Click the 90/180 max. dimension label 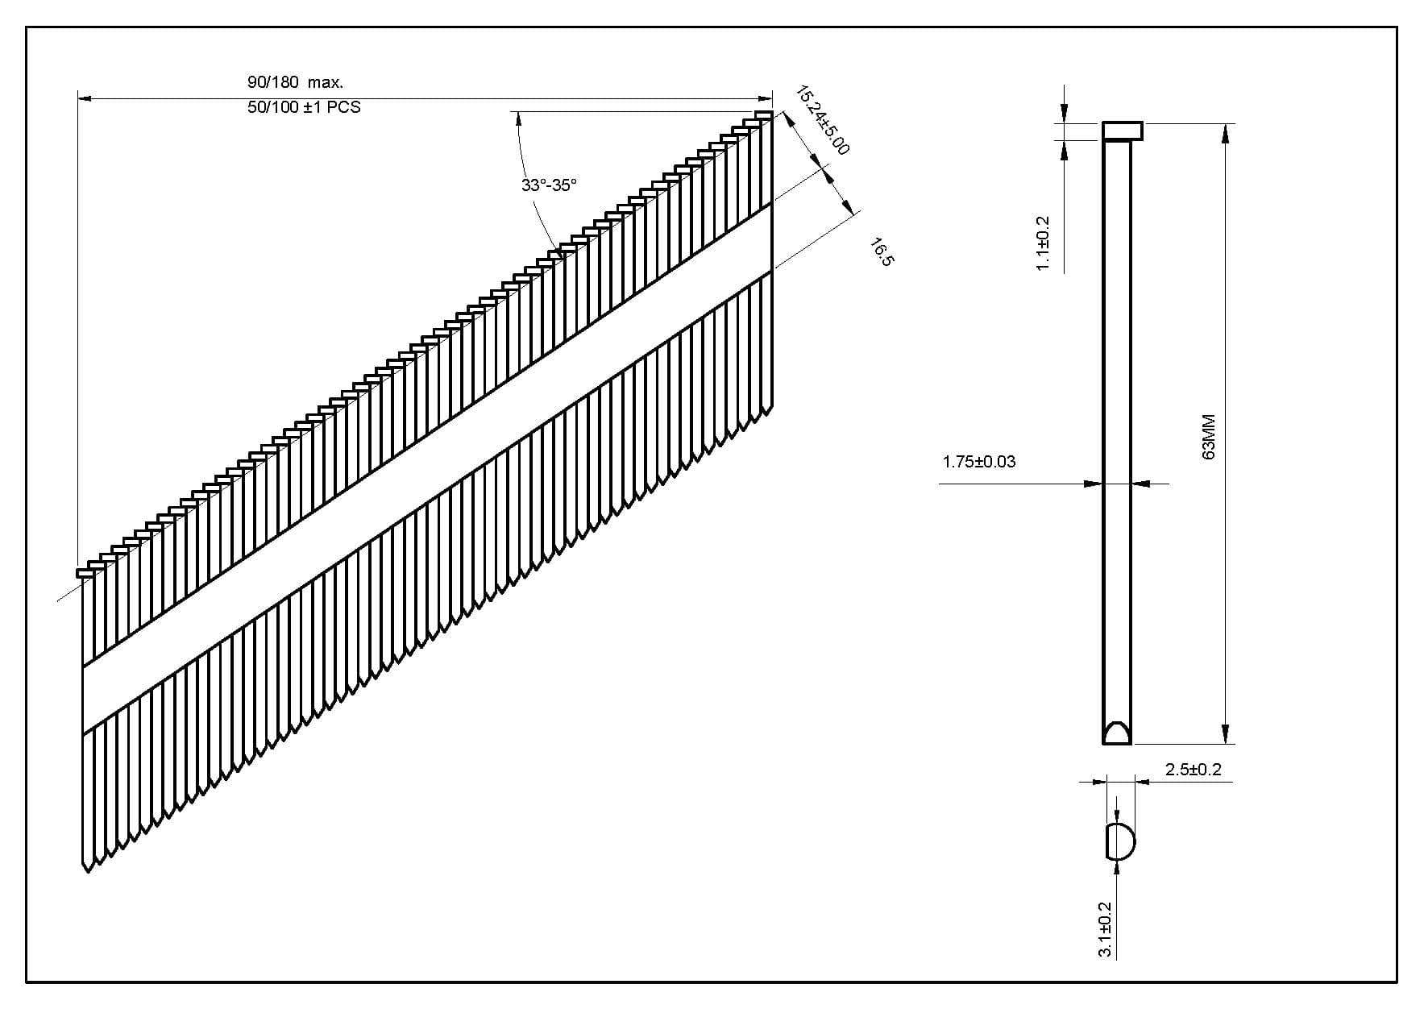click(295, 81)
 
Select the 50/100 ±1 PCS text click(304, 107)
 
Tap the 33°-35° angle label click(549, 185)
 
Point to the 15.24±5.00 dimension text click(822, 120)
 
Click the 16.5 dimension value click(883, 251)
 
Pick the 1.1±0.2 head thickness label click(1043, 243)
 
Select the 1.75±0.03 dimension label click(978, 462)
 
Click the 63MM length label click(1208, 438)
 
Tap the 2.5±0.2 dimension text click(1193, 770)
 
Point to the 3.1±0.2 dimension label click(1106, 929)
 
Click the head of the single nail click(1123, 131)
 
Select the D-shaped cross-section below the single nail click(1119, 842)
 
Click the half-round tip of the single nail click(1116, 733)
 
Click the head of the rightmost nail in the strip click(763, 114)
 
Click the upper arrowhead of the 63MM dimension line click(1226, 134)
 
